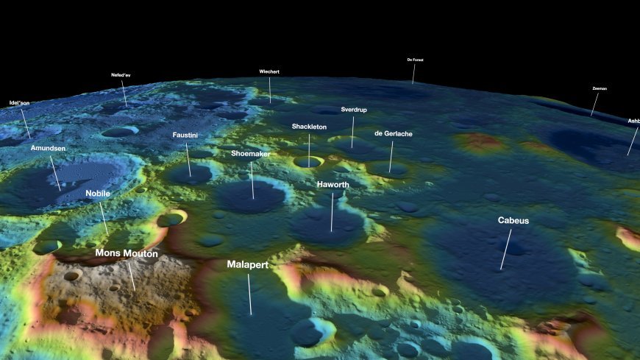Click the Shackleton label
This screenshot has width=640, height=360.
tap(309, 127)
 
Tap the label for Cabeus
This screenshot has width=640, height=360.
tap(513, 220)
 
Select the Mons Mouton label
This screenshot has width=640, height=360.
tap(127, 253)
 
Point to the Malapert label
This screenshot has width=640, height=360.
tap(247, 264)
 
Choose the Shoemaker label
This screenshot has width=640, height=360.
tap(250, 154)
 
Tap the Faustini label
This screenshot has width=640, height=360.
tap(185, 135)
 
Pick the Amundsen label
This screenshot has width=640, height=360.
tap(48, 148)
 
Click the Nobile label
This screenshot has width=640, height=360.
tap(98, 194)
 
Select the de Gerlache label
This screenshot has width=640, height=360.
tap(393, 133)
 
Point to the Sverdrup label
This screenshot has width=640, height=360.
tap(354, 110)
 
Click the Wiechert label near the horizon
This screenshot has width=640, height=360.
tap(269, 71)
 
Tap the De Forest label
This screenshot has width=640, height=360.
tap(415, 60)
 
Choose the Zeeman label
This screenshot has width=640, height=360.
tap(600, 88)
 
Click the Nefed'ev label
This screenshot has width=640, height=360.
tap(121, 75)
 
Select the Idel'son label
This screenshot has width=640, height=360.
tap(19, 103)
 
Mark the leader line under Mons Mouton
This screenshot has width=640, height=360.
tap(130, 275)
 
